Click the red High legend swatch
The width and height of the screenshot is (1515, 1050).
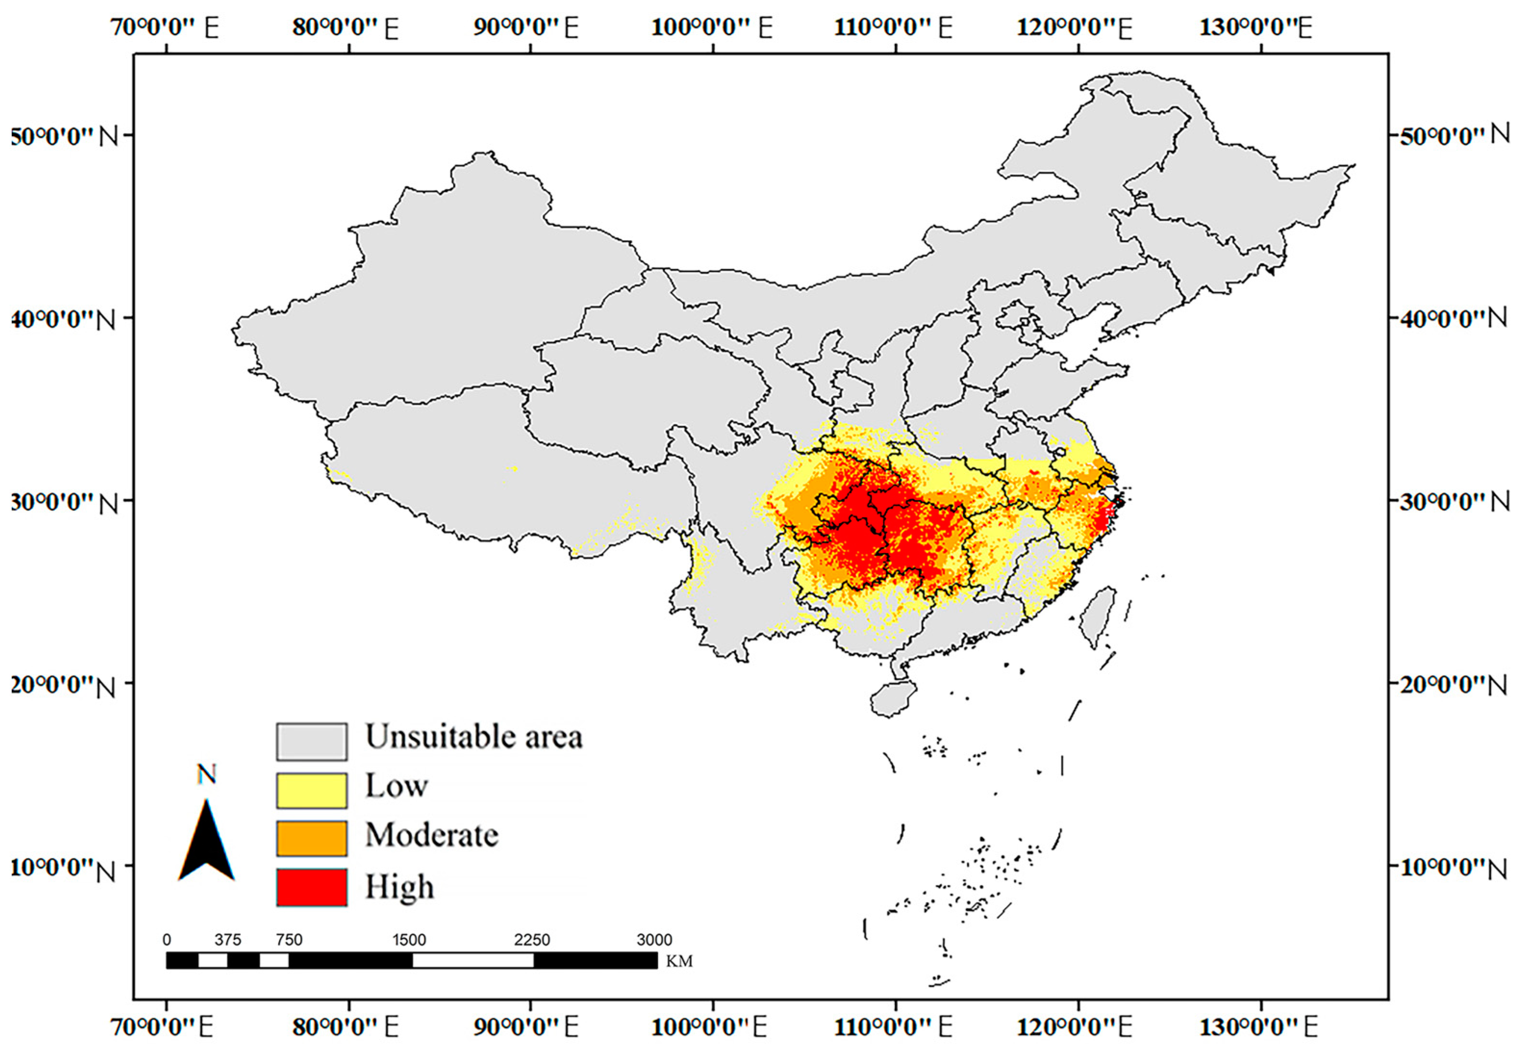311,887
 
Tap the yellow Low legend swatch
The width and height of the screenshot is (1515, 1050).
311,790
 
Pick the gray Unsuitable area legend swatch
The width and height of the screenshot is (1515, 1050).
311,742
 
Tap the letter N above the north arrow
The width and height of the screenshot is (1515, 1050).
206,775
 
